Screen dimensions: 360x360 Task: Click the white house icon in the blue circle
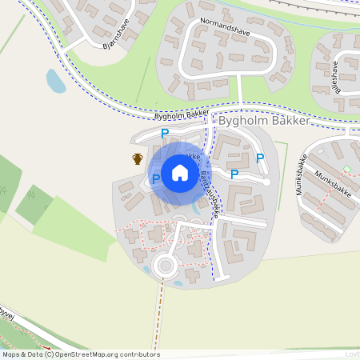click(x=180, y=172)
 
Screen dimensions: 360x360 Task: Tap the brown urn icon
click(x=138, y=158)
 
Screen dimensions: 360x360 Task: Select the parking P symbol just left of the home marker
click(x=156, y=178)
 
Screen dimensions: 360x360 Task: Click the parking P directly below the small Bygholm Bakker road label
click(x=165, y=134)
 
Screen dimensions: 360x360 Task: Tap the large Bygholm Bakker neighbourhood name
click(x=274, y=120)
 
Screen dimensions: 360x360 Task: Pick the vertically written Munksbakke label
click(x=305, y=170)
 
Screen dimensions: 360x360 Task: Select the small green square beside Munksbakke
click(x=346, y=168)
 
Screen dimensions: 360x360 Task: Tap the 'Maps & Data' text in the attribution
click(x=21, y=354)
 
